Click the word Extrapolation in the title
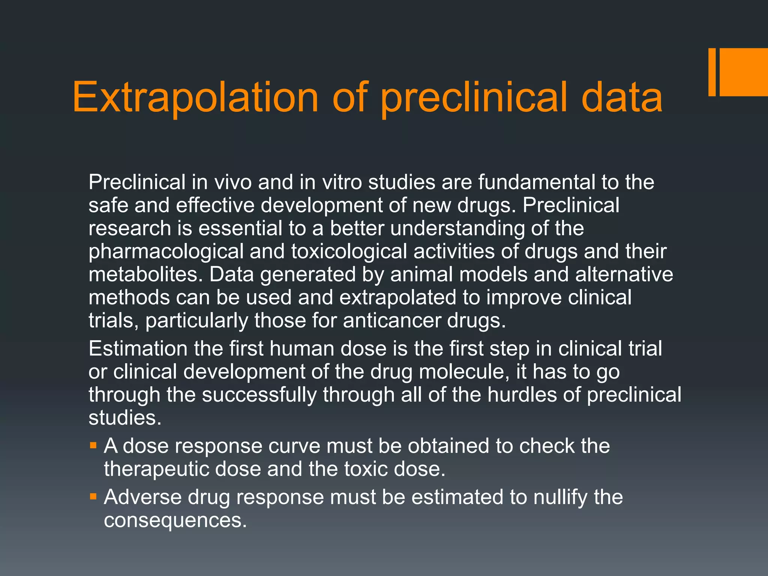click(195, 98)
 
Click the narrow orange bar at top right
click(712, 72)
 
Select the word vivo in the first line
click(233, 182)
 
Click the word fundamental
click(537, 182)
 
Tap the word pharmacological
click(166, 252)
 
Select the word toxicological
click(349, 252)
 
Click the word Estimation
click(138, 348)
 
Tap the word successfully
click(259, 395)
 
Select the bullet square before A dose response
click(93, 446)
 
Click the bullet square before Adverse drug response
click(93, 497)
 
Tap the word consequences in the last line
click(175, 520)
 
